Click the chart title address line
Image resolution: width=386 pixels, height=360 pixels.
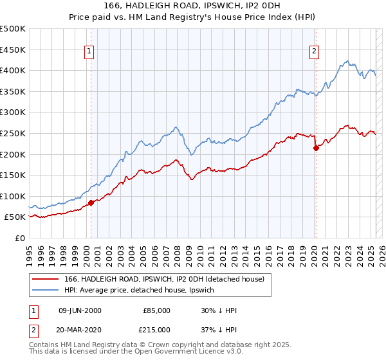click(192, 6)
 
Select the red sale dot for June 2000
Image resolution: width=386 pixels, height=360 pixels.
click(91, 203)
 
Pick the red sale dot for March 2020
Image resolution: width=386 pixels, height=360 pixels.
click(316, 148)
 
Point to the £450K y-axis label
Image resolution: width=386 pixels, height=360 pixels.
click(13, 50)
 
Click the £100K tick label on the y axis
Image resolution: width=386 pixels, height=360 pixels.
click(13, 196)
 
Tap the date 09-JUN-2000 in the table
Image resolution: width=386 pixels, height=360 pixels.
click(80, 310)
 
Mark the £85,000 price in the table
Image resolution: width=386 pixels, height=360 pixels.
click(156, 310)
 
